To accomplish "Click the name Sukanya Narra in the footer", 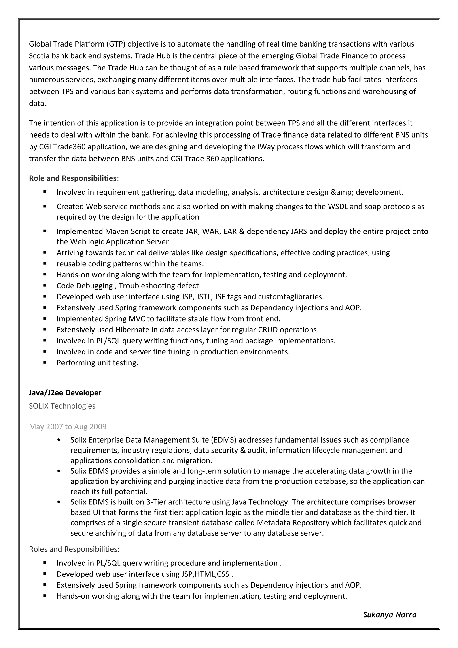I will click(389, 615).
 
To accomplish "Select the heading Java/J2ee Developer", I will click(65, 393).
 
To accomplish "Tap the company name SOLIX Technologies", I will click(62, 406).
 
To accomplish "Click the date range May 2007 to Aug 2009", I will click(68, 426).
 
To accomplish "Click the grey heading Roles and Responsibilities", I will click(74, 549).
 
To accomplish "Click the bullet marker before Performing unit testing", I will click(45, 363).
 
